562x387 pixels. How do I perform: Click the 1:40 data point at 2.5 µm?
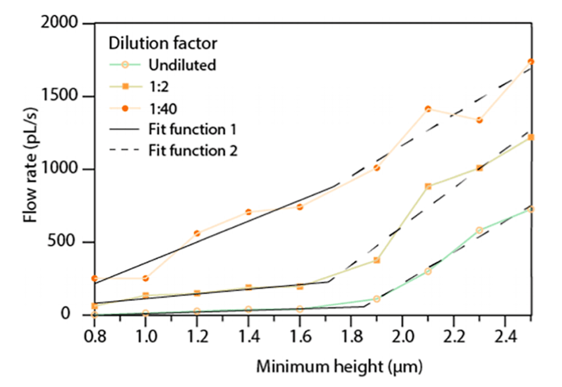531,62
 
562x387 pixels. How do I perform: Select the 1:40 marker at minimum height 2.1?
428,109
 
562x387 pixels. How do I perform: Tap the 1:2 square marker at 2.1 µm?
428,186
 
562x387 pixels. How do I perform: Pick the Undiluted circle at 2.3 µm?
479,231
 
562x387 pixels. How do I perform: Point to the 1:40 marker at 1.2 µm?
197,233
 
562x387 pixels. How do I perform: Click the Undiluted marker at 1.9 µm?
377,299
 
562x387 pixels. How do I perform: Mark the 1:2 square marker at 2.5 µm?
531,138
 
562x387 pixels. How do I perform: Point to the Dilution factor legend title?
163,43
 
